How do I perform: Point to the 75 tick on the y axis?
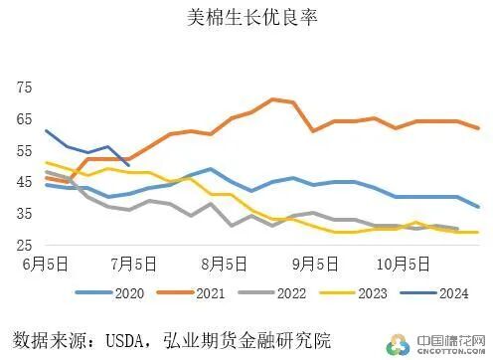tap(25, 88)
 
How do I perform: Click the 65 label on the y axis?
tap(25, 119)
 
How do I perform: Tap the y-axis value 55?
tap(25, 150)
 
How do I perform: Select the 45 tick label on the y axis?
tap(25, 182)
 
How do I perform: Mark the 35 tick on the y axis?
tap(25, 213)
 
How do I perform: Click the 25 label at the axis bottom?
tap(25, 245)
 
